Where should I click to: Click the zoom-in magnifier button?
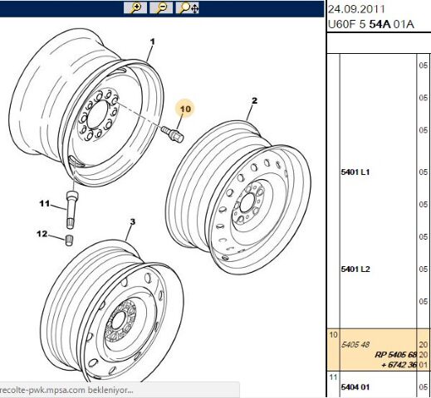pos(135,8)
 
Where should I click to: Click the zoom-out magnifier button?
pos(161,8)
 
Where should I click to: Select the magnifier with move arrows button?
pos(188,8)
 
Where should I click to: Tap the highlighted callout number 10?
pos(185,109)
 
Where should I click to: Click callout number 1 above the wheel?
pos(152,41)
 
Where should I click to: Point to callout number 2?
pos(254,100)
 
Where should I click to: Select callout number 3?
pos(133,221)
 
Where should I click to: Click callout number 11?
pos(44,204)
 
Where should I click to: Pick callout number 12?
pos(42,234)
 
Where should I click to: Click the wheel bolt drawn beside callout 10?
pos(172,133)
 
